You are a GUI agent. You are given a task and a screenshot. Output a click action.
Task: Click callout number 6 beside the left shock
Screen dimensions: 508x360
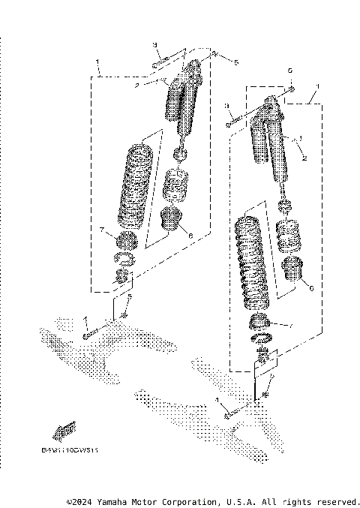pyautogui.click(x=191, y=236)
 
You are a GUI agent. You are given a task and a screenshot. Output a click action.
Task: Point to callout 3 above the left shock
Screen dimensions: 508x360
pyautogui.click(x=154, y=45)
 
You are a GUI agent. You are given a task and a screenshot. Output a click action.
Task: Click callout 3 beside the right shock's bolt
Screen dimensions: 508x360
pyautogui.click(x=227, y=107)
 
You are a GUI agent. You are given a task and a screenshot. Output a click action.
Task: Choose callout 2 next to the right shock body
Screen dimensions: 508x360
pyautogui.click(x=304, y=158)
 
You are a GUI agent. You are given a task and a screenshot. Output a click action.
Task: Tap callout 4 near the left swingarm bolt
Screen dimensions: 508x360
pyautogui.click(x=86, y=320)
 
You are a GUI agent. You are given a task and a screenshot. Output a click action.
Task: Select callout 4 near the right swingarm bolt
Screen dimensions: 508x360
pyautogui.click(x=218, y=400)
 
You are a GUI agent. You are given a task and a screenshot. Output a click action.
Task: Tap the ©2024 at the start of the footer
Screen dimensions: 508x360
pyautogui.click(x=80, y=500)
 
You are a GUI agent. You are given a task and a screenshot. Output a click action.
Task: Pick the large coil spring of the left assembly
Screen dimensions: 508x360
pyautogui.click(x=136, y=185)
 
